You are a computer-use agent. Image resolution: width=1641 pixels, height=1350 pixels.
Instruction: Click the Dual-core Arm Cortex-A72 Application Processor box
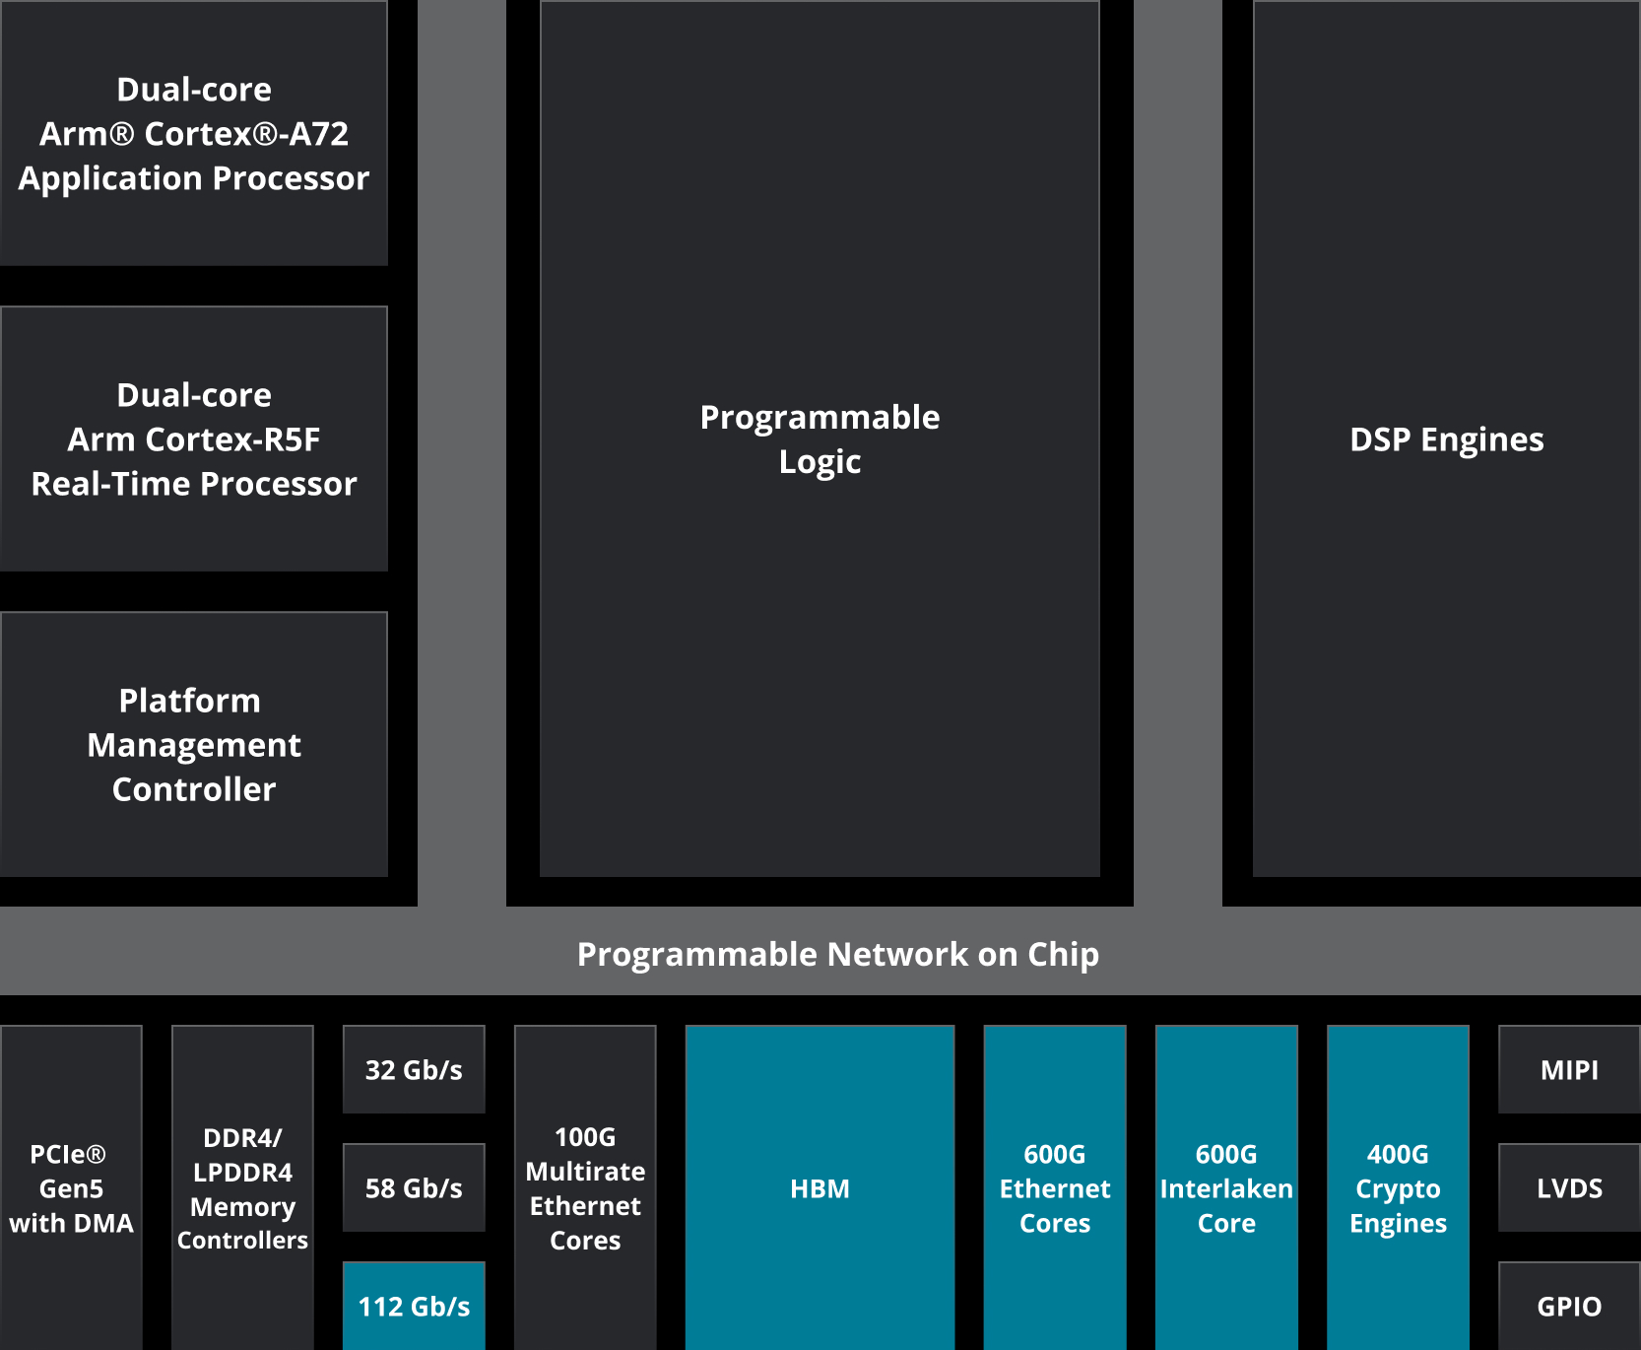pyautogui.click(x=194, y=133)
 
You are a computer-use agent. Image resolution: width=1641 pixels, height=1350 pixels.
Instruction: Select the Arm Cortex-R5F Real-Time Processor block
pyautogui.click(x=194, y=439)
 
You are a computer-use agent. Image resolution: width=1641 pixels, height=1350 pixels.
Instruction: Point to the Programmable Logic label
pyautogui.click(x=820, y=439)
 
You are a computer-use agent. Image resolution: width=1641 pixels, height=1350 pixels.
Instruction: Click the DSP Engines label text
pyautogui.click(x=1446, y=439)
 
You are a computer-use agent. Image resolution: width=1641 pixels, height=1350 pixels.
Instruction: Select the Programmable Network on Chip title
pyautogui.click(x=837, y=954)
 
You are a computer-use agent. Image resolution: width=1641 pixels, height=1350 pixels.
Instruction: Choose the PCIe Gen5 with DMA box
pyautogui.click(x=71, y=1187)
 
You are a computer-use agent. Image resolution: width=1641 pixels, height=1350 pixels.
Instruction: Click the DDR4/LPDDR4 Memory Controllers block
pyautogui.click(x=242, y=1187)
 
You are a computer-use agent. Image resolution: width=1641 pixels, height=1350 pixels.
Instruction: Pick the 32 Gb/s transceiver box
pyautogui.click(x=414, y=1070)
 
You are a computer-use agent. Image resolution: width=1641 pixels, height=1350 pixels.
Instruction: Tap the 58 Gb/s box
pyautogui.click(x=414, y=1188)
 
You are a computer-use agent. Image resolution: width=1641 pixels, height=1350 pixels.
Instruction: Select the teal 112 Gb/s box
pyautogui.click(x=414, y=1307)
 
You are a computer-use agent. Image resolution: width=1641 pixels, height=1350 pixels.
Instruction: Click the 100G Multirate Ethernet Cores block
pyautogui.click(x=585, y=1187)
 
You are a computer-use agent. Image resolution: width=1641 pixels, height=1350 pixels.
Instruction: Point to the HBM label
pyautogui.click(x=820, y=1188)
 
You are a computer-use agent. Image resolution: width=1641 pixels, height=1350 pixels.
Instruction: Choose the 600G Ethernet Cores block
pyautogui.click(x=1055, y=1187)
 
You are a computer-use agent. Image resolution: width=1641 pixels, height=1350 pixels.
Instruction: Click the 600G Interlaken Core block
pyautogui.click(x=1226, y=1187)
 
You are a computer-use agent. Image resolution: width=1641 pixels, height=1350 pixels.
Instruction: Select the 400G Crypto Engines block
pyautogui.click(x=1398, y=1187)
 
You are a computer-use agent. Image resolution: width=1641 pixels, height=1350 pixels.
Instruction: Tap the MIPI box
pyautogui.click(x=1569, y=1070)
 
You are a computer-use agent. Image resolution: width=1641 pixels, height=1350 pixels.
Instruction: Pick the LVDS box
pyautogui.click(x=1569, y=1188)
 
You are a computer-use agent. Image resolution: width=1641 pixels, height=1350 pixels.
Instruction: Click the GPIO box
pyautogui.click(x=1569, y=1307)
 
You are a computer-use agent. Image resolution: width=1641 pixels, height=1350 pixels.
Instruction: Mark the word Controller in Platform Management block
pyautogui.click(x=194, y=789)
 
